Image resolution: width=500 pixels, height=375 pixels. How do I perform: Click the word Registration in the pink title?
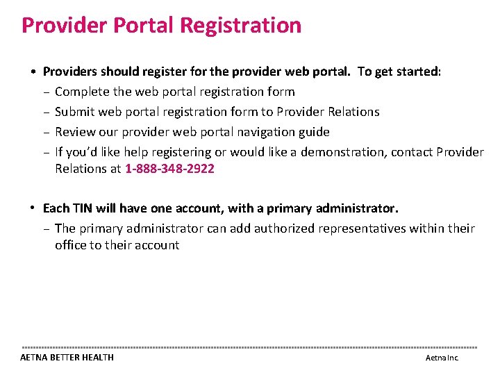point(241,26)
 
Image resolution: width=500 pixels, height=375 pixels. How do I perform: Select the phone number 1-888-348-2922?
point(169,169)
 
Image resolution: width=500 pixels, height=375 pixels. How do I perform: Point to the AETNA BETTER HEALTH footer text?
point(67,358)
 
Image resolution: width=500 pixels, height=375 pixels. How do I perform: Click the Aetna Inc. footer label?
point(442,358)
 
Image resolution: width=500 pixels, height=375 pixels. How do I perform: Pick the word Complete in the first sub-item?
point(80,92)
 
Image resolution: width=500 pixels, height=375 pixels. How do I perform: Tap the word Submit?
point(74,112)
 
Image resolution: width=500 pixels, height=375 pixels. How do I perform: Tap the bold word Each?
point(54,208)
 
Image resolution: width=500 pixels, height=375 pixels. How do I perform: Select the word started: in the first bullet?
point(417,72)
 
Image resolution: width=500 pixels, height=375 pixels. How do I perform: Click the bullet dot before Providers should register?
point(33,72)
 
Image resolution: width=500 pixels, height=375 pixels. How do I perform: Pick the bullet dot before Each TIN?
point(33,208)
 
